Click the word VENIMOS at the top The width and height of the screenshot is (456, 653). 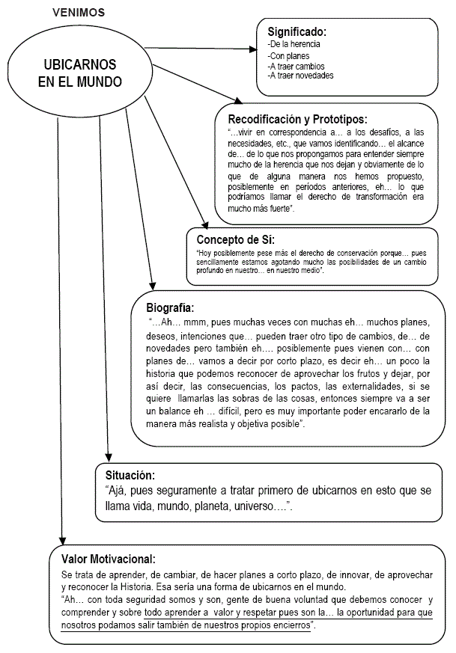[x=79, y=12]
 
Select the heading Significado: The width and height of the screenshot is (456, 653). [x=297, y=32]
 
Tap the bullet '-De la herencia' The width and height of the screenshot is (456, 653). [x=294, y=45]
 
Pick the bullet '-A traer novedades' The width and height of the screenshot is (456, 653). [x=300, y=76]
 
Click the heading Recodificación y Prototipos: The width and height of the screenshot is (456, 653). [x=297, y=119]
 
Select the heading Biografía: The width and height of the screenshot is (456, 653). [x=170, y=307]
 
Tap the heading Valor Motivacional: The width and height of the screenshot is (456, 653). [x=109, y=559]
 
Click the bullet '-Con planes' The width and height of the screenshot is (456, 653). [x=289, y=55]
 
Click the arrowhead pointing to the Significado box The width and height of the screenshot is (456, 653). [x=252, y=50]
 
